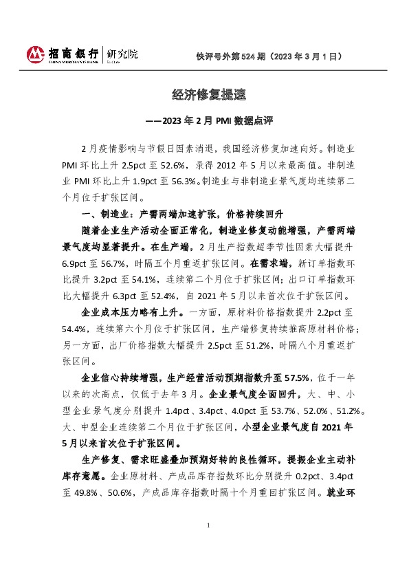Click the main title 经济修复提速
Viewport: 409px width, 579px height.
click(x=204, y=94)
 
